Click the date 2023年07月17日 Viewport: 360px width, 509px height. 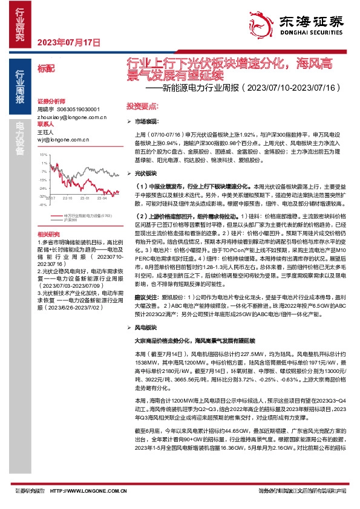click(68, 42)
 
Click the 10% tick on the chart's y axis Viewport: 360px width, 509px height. click(44, 155)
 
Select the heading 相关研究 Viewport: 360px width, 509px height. click(48, 234)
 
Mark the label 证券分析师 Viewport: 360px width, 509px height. click(51, 101)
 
